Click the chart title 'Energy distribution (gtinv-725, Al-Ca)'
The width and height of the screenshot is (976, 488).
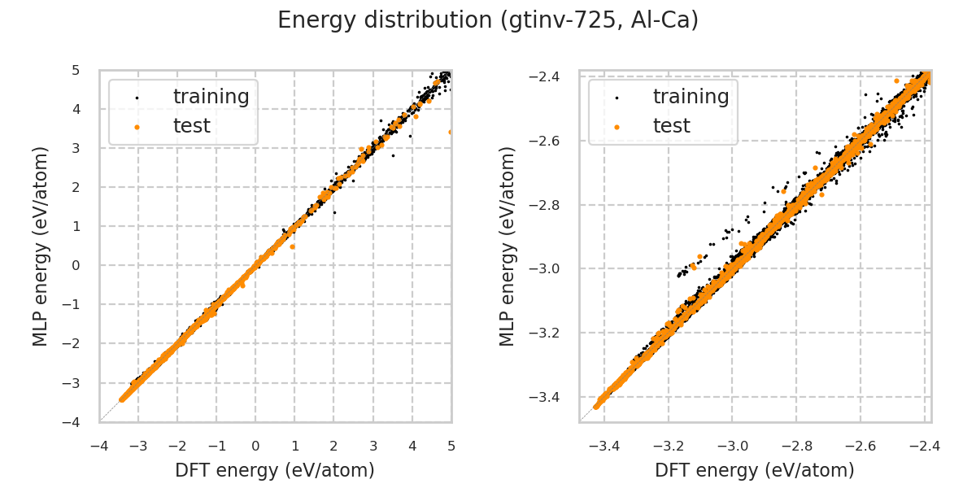click(x=488, y=21)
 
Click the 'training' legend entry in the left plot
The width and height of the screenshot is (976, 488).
click(x=211, y=97)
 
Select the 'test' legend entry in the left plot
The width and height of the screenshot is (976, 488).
click(x=191, y=126)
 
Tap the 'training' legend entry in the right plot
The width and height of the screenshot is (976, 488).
click(x=691, y=97)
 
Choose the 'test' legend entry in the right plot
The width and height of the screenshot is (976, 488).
click(x=671, y=126)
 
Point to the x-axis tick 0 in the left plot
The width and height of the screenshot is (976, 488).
click(x=255, y=446)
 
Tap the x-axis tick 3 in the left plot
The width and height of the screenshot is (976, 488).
click(x=373, y=446)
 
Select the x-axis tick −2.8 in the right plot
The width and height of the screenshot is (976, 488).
click(x=796, y=446)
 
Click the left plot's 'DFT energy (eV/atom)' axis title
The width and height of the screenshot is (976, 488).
click(x=275, y=470)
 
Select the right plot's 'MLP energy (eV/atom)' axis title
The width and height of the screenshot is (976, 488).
click(x=508, y=246)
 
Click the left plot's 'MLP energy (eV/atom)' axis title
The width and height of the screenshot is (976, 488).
click(x=41, y=246)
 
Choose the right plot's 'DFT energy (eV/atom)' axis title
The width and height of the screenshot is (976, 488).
click(x=755, y=470)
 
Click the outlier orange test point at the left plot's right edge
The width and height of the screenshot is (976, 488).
click(x=451, y=132)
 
